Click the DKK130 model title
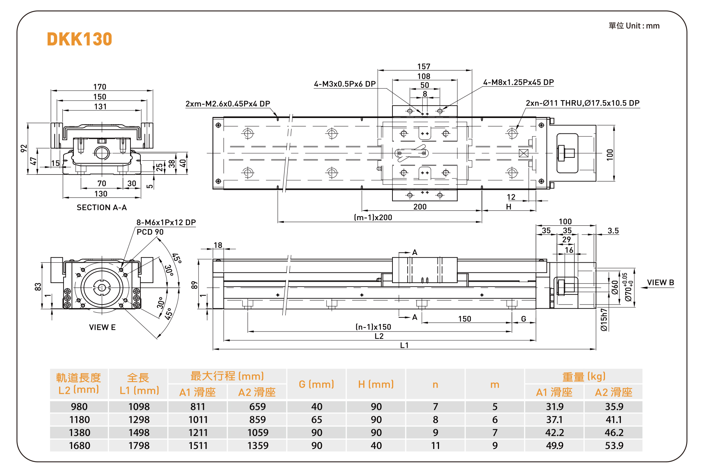tap(79, 39)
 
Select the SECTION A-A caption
tap(102, 208)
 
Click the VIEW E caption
tap(102, 327)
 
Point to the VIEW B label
tap(660, 283)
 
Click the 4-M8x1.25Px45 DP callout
tap(518, 82)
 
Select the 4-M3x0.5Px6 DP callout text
tap(344, 84)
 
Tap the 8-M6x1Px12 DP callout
tap(166, 222)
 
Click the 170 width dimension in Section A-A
tap(100, 87)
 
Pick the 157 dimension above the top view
tap(424, 67)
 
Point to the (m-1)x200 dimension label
tap(373, 218)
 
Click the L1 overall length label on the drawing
tap(405, 345)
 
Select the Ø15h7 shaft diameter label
tap(604, 320)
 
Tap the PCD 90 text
tap(150, 232)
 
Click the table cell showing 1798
tap(139, 446)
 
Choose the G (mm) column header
tap(316, 384)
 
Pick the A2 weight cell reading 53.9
tap(614, 446)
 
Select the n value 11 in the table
tap(435, 446)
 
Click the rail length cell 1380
tap(79, 433)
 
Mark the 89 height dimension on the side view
tap(194, 285)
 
